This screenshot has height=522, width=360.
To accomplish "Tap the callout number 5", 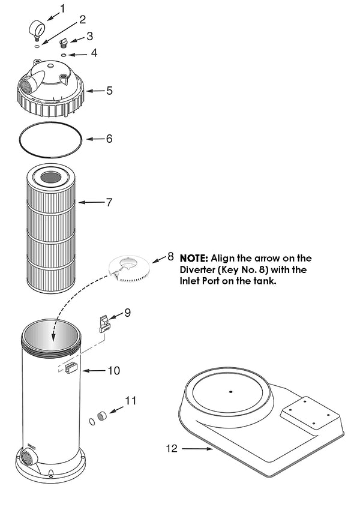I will tap(109, 91).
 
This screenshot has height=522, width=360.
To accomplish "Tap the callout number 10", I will tap(113, 371).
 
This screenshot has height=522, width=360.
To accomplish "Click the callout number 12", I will tap(172, 448).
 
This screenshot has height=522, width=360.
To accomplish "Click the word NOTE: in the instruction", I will tap(193, 259).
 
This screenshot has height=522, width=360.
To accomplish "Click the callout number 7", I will tap(109, 202).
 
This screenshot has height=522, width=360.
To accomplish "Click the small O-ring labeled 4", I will tap(64, 55).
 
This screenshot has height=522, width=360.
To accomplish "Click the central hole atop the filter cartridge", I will tap(50, 178).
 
